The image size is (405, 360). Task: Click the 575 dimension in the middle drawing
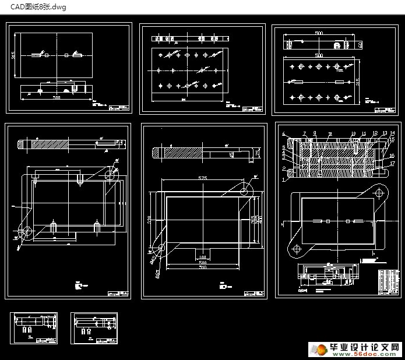pyautogui.click(x=202, y=177)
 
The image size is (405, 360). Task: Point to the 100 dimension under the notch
pyautogui.click(x=203, y=257)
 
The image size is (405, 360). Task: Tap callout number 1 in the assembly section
pyautogui.click(x=284, y=180)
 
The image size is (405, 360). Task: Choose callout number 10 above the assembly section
pyautogui.click(x=353, y=134)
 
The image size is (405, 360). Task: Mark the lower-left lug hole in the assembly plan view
pyautogui.click(x=297, y=249)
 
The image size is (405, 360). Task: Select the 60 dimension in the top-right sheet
pyautogui.click(x=361, y=44)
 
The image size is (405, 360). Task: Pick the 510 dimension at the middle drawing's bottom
pyautogui.click(x=203, y=267)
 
